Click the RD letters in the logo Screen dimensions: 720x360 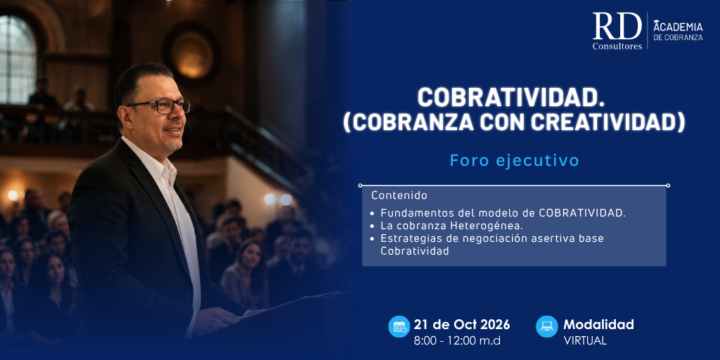pyautogui.click(x=617, y=26)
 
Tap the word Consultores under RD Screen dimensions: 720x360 pyautogui.click(x=617, y=46)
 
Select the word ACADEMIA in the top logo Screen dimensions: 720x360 pyautogui.click(x=678, y=27)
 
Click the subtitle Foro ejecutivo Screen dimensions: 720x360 pyautogui.click(x=514, y=161)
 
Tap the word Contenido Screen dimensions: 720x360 pyautogui.click(x=399, y=195)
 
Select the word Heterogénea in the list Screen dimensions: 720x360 pyautogui.click(x=480, y=226)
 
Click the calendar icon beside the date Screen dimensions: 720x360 pyautogui.click(x=399, y=326)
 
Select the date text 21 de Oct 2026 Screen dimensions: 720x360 pyautogui.click(x=462, y=325)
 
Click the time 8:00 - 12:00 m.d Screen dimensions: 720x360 pyautogui.click(x=457, y=341)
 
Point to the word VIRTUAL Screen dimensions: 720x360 pyautogui.click(x=585, y=341)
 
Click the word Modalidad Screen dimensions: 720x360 pyautogui.click(x=599, y=325)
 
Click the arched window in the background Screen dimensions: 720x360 pyautogui.click(x=18, y=60)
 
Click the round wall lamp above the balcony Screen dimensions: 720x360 pyautogui.click(x=191, y=55)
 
